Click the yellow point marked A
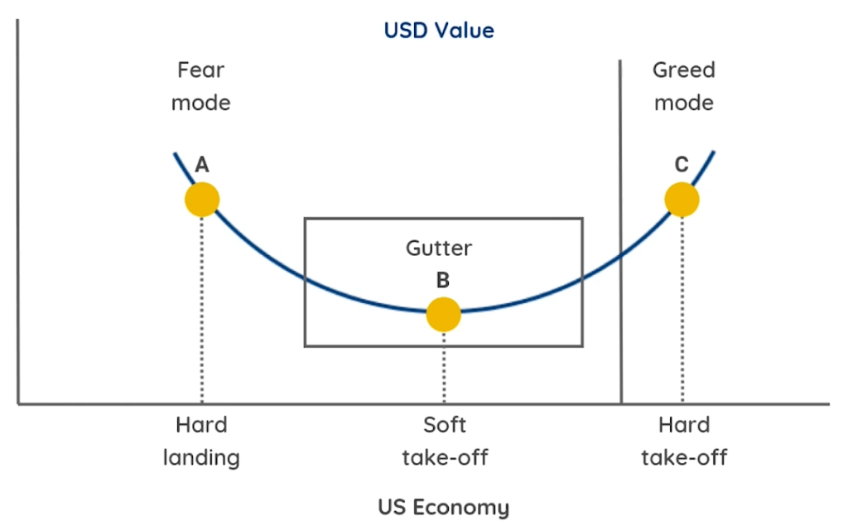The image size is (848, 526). click(202, 200)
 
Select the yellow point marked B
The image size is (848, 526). click(443, 314)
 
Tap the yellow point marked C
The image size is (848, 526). click(682, 199)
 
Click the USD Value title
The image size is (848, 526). click(439, 31)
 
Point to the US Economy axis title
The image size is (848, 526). click(443, 506)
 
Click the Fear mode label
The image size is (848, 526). click(200, 86)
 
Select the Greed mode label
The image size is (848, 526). click(683, 86)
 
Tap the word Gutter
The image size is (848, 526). click(439, 248)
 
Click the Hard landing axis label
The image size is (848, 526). click(201, 441)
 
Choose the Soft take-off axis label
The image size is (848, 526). click(445, 441)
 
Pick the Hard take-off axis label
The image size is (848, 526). click(684, 441)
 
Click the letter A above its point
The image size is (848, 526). click(201, 166)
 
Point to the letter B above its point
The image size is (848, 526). click(443, 280)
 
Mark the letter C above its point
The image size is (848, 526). click(682, 165)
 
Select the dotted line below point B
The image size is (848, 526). click(444, 368)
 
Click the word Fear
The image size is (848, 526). click(200, 70)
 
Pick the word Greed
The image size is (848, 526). click(683, 70)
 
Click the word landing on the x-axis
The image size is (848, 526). click(201, 457)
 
